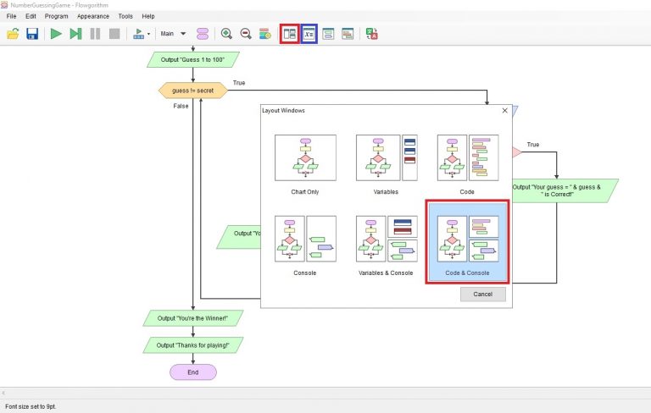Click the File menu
pyautogui.click(x=11, y=16)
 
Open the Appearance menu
pyautogui.click(x=92, y=16)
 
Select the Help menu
pyautogui.click(x=148, y=16)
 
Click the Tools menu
pyautogui.click(x=125, y=16)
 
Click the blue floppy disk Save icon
pyautogui.click(x=32, y=34)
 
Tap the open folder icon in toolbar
pyautogui.click(x=13, y=34)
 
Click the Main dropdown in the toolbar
pyautogui.click(x=173, y=34)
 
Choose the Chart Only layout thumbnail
pyautogui.click(x=305, y=158)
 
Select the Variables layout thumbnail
pyautogui.click(x=386, y=158)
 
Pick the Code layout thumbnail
pyautogui.click(x=467, y=158)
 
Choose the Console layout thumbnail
pyautogui.click(x=305, y=239)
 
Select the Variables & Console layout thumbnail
pyautogui.click(x=386, y=239)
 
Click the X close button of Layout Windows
pyautogui.click(x=505, y=110)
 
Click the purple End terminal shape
pyautogui.click(x=192, y=372)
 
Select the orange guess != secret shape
pyautogui.click(x=193, y=90)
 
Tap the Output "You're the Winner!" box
pyautogui.click(x=192, y=318)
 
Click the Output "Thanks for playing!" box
pyautogui.click(x=192, y=344)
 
